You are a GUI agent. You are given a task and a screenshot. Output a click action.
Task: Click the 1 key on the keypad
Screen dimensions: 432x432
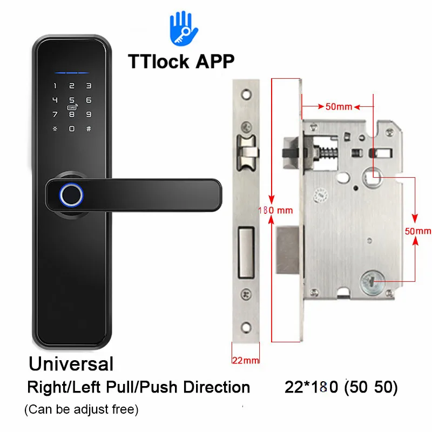pyautogui.click(x=54, y=85)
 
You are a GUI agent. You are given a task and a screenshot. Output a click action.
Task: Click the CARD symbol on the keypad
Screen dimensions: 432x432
pyautogui.click(x=71, y=108)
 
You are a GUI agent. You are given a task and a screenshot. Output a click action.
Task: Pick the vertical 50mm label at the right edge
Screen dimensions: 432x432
pyautogui.click(x=418, y=231)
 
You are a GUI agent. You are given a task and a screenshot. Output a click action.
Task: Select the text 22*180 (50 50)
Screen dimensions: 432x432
pyautogui.click(x=341, y=388)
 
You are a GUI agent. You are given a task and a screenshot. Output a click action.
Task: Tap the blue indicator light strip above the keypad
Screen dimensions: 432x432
pyautogui.click(x=71, y=71)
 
